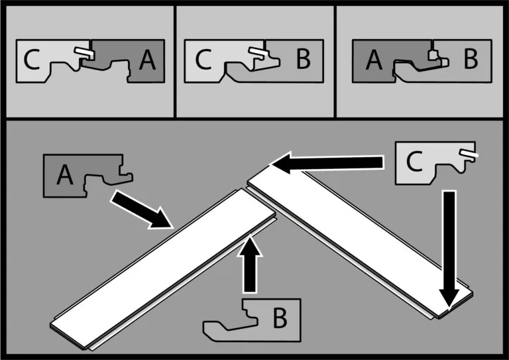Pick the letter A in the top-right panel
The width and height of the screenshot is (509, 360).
(374, 61)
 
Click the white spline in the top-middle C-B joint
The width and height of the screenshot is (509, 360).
(256, 51)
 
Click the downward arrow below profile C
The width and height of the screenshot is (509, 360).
(449, 249)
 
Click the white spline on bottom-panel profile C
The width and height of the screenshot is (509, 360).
(469, 154)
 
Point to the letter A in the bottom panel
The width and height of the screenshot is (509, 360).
(64, 175)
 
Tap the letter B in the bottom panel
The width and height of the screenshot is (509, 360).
(280, 320)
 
